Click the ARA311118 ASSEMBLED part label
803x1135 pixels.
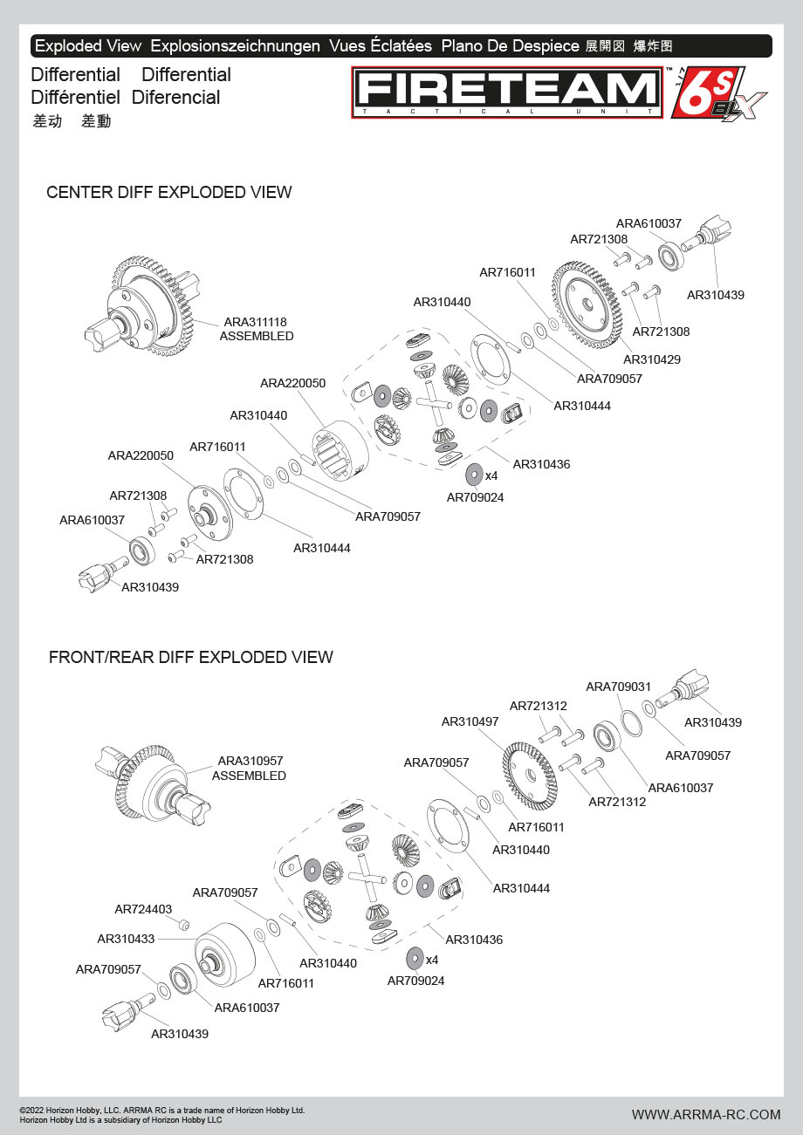click(x=257, y=328)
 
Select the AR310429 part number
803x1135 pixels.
click(x=652, y=359)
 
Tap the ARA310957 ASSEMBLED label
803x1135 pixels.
click(x=250, y=768)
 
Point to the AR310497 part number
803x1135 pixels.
click(x=470, y=721)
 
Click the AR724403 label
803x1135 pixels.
click(x=143, y=909)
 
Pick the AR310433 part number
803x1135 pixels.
click(x=126, y=939)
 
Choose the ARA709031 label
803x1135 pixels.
click(x=618, y=687)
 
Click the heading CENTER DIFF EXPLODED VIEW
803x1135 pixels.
click(x=169, y=192)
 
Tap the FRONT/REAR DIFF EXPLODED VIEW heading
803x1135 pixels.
click(x=191, y=657)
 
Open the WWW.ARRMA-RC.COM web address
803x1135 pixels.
click(x=706, y=1114)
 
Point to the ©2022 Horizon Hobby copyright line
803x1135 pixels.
click(x=162, y=1111)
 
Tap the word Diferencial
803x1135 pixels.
click(x=175, y=98)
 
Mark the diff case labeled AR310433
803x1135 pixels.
click(x=224, y=959)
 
